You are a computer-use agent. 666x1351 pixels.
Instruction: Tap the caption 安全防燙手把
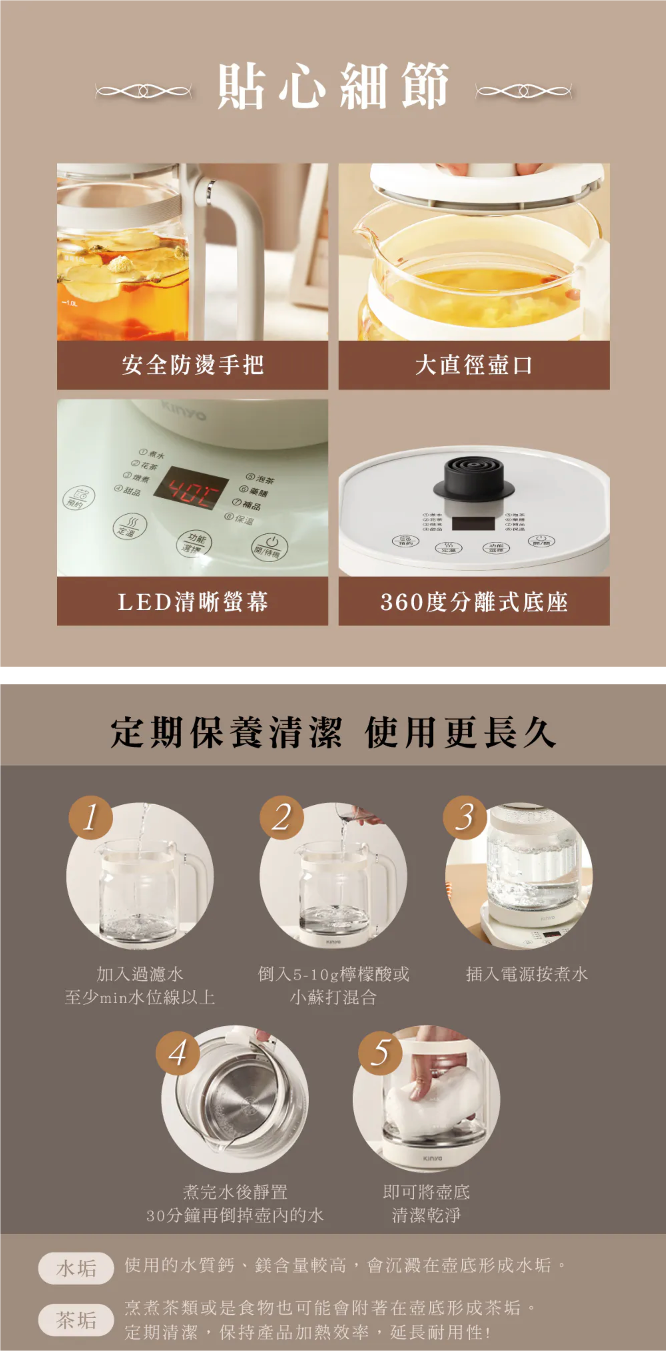coord(192,365)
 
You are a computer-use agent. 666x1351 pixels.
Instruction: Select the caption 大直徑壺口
coord(474,365)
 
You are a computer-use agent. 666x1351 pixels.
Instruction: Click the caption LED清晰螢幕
coord(192,601)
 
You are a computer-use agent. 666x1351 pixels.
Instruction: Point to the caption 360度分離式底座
coord(474,601)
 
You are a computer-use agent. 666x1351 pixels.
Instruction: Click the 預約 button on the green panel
coord(78,497)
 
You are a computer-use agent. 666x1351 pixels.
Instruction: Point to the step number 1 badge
coord(91,817)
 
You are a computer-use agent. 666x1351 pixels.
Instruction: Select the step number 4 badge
coord(177,1053)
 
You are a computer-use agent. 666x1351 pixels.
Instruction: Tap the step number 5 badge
coord(380,1053)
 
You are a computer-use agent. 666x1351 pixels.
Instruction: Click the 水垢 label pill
coord(76,1268)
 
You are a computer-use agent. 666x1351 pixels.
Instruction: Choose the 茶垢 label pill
coord(76,1319)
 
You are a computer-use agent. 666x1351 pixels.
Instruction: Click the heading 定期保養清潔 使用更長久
coord(333,733)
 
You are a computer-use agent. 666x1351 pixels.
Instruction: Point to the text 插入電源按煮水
coord(527,974)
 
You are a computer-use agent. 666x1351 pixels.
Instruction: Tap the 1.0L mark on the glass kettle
coord(70,303)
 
